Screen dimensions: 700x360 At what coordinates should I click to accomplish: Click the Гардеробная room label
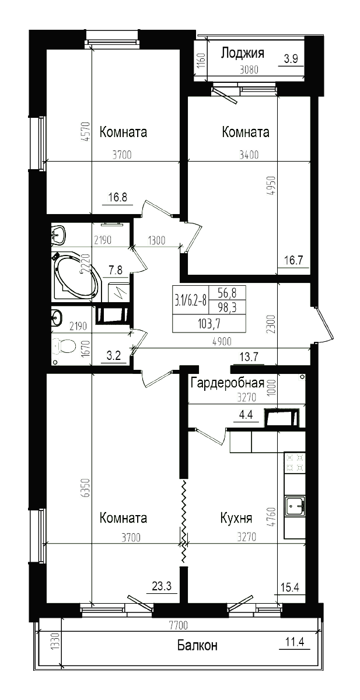click(x=228, y=383)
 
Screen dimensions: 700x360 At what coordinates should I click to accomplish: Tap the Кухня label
click(x=236, y=518)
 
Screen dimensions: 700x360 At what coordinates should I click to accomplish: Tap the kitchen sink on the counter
click(x=295, y=506)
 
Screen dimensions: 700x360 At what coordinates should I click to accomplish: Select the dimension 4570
click(x=85, y=133)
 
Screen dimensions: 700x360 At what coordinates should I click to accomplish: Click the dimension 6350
click(x=85, y=488)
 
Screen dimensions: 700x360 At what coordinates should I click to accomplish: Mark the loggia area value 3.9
click(x=291, y=58)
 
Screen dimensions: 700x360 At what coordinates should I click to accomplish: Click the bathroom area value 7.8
click(x=116, y=269)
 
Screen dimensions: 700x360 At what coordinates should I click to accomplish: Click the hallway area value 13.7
click(x=249, y=357)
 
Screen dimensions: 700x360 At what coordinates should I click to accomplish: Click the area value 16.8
click(x=118, y=197)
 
